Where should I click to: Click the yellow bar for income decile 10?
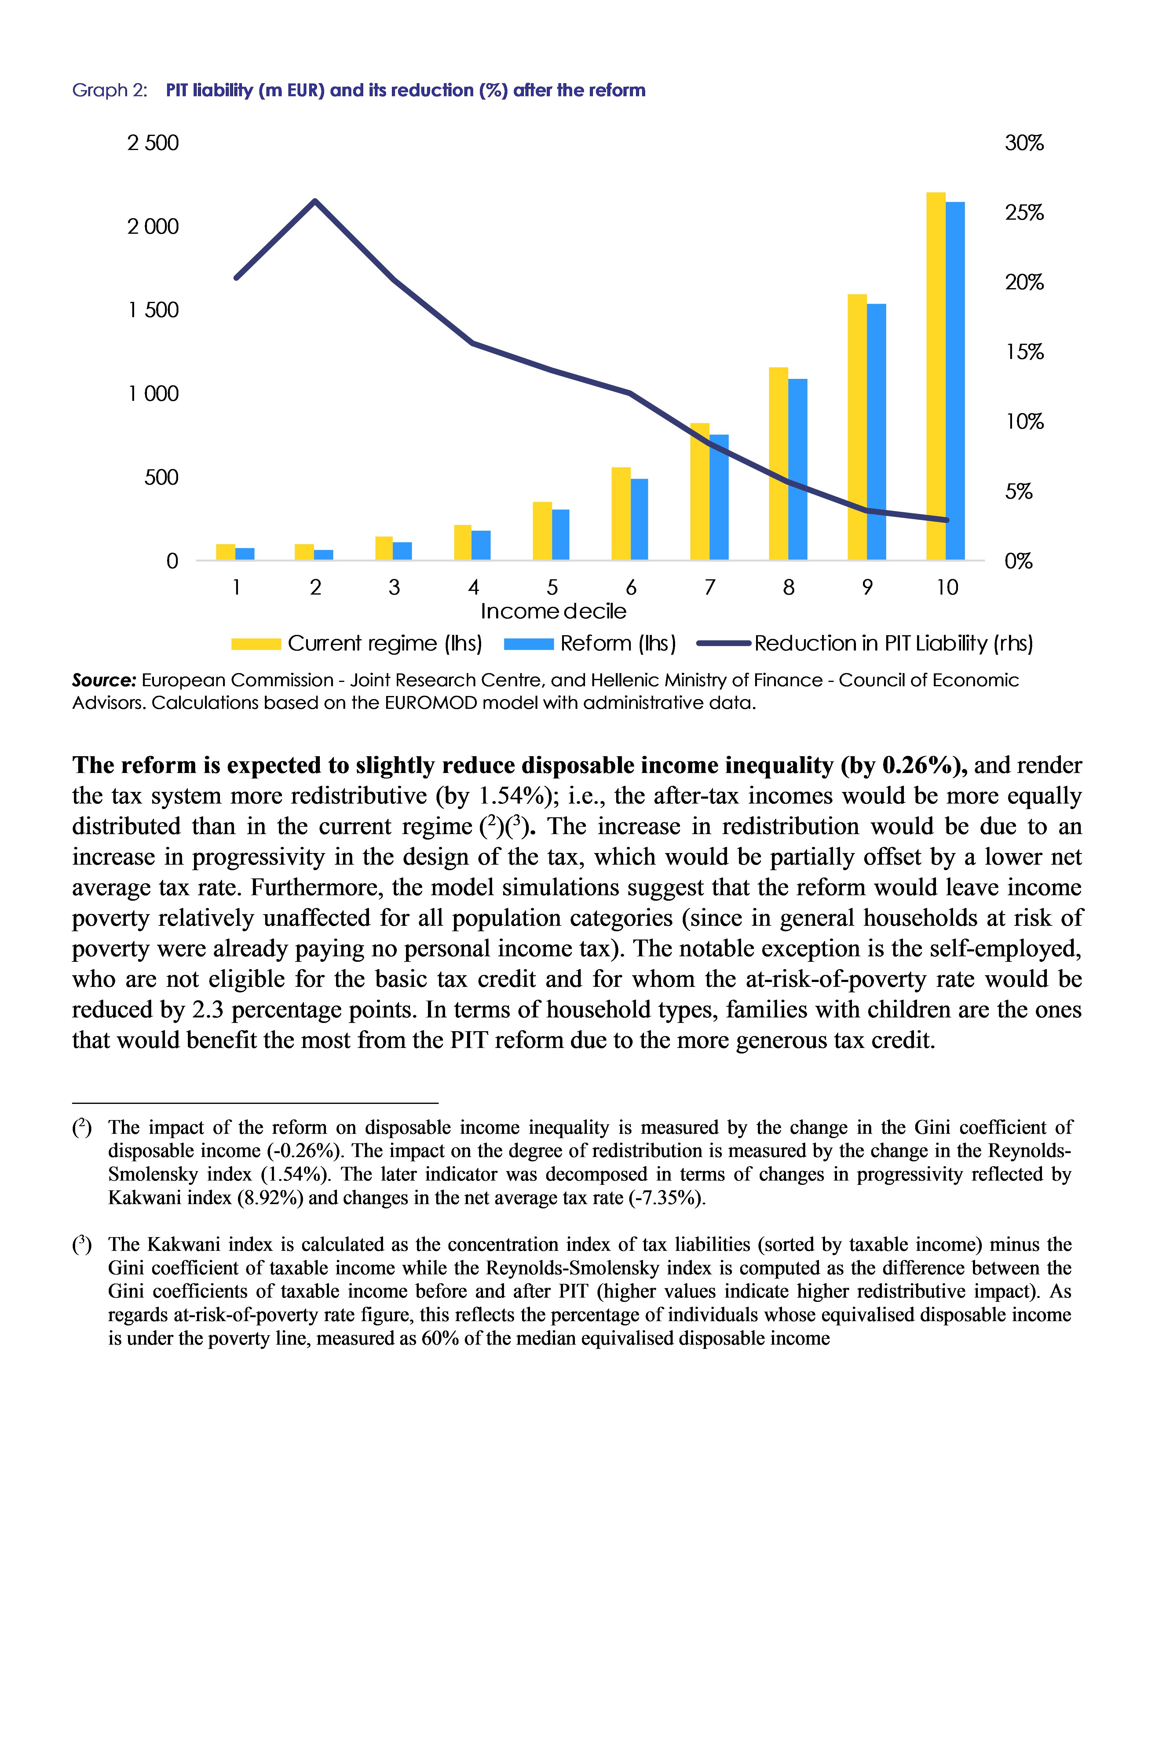935,376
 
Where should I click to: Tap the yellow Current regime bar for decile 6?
621,514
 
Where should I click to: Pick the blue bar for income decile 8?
798,469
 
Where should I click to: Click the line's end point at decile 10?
947,520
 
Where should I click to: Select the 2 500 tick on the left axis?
153,143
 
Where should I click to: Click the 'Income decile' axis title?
553,611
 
